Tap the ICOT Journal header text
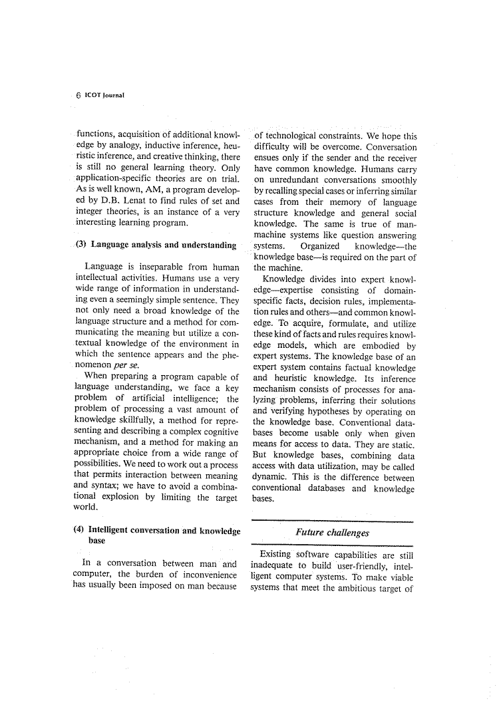tap(105, 95)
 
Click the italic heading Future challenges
tap(332, 533)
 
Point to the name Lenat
tap(132, 200)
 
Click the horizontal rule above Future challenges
tap(332, 521)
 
